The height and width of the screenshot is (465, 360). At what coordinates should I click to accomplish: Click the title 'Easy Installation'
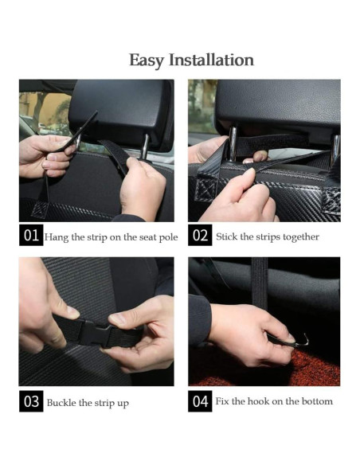(191, 61)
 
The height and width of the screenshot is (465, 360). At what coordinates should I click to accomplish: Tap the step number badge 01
(31, 236)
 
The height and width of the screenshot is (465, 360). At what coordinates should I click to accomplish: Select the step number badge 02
(200, 236)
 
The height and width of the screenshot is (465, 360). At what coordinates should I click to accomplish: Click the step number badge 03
(31, 401)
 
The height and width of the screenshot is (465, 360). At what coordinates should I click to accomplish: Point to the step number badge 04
(200, 401)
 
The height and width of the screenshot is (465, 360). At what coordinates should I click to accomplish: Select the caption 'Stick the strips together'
(267, 236)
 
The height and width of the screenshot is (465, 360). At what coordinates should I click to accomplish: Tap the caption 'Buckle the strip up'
(88, 402)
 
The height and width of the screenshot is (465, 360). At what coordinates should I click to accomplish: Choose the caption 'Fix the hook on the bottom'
(273, 401)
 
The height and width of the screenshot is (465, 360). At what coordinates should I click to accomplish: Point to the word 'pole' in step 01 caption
(168, 237)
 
